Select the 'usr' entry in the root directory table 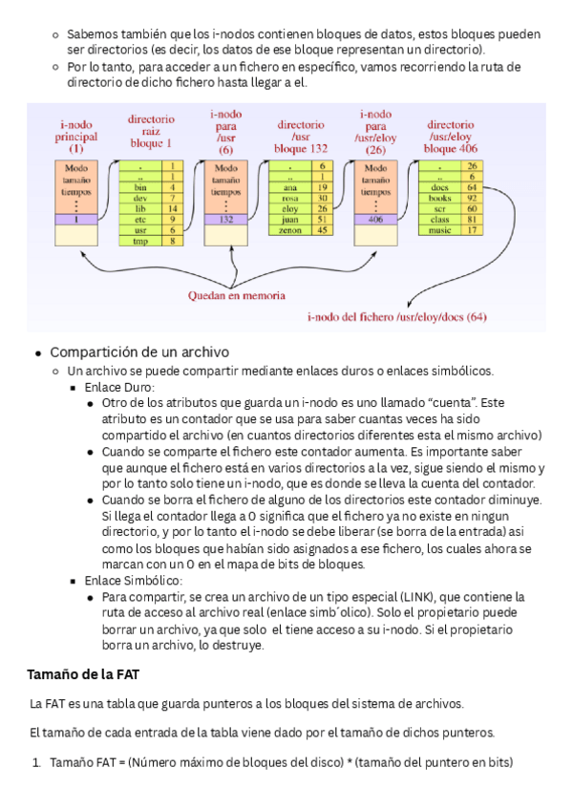click(x=141, y=229)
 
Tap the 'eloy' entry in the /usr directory click(x=290, y=208)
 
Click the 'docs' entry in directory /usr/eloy click(x=440, y=187)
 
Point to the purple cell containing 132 click(x=226, y=219)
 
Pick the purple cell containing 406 click(x=375, y=219)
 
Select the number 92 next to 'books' click(x=472, y=198)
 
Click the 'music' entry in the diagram click(x=440, y=229)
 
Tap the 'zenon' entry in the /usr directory click(x=290, y=229)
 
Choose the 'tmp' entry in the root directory click(x=141, y=241)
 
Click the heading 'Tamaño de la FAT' click(x=84, y=675)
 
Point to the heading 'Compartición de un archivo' click(x=139, y=352)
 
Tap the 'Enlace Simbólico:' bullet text click(x=134, y=580)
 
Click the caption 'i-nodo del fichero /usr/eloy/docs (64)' click(x=396, y=316)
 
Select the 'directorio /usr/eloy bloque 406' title click(x=451, y=137)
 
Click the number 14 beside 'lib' click(x=173, y=208)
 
